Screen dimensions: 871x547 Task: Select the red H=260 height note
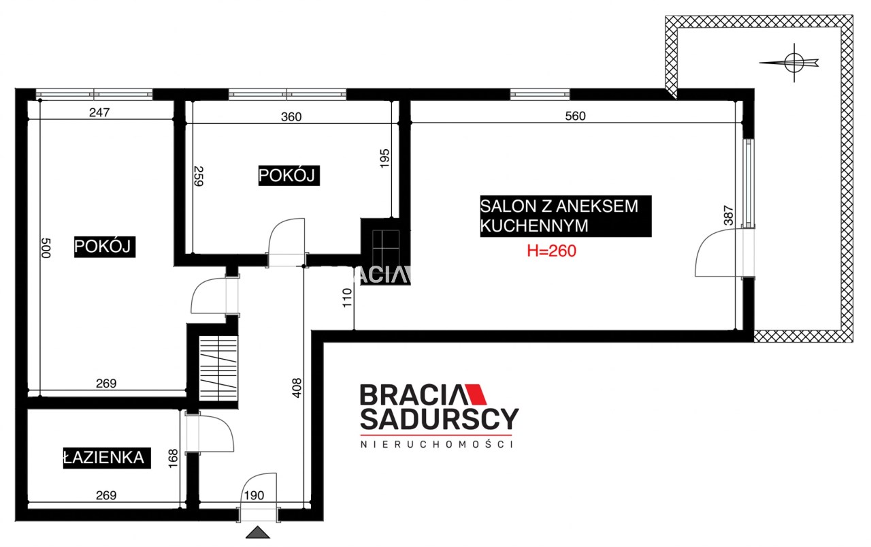(551, 251)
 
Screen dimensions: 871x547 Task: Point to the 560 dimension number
(575, 116)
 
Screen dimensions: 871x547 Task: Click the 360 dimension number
(291, 116)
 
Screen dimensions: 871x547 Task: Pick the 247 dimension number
(99, 112)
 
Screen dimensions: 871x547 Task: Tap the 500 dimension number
(46, 248)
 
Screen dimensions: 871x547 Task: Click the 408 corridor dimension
(297, 388)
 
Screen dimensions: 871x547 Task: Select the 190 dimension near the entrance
(254, 496)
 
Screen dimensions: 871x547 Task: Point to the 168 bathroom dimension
(173, 458)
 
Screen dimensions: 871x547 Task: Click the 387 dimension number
(728, 215)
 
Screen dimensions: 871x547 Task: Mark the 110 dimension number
(347, 298)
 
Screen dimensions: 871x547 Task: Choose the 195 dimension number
(384, 159)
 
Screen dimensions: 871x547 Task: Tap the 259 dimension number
(199, 176)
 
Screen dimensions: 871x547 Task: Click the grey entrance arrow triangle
(258, 533)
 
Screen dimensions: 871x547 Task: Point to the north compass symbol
(794, 63)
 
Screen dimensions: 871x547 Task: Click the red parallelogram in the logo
(476, 394)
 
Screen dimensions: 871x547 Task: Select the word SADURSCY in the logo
(440, 419)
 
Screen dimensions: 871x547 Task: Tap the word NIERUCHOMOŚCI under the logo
(437, 444)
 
